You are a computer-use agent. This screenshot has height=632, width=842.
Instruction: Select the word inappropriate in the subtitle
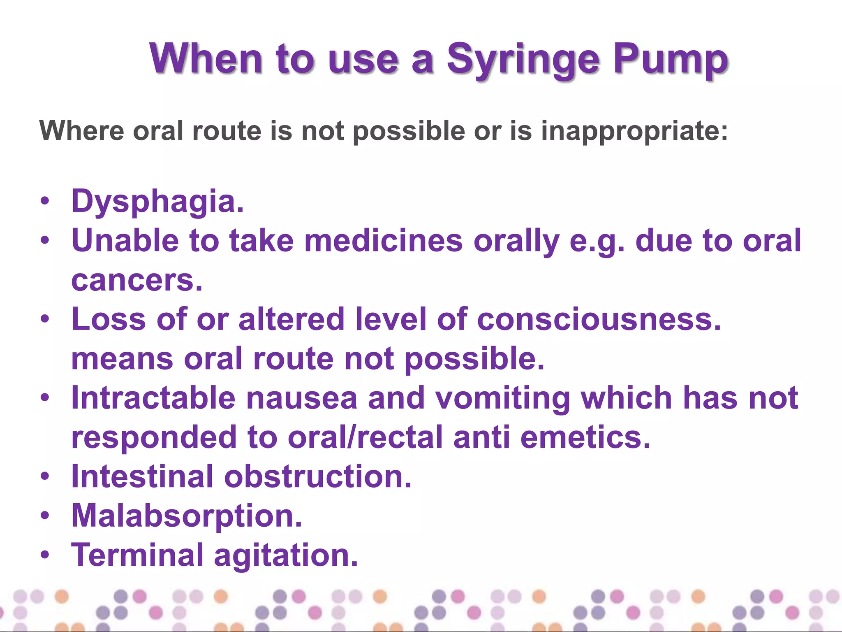tap(634, 132)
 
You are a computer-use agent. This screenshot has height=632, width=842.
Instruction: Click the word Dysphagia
tap(157, 202)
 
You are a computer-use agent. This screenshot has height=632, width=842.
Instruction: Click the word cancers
tap(137, 281)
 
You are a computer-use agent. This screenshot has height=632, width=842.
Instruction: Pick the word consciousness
tap(599, 319)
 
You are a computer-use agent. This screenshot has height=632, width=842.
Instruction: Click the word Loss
tap(109, 319)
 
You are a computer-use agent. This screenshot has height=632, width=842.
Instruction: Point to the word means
tap(122, 359)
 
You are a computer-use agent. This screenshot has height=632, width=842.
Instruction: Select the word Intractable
tap(153, 398)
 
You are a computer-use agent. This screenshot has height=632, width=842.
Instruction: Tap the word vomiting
tap(502, 399)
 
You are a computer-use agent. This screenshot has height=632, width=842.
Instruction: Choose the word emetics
tap(585, 437)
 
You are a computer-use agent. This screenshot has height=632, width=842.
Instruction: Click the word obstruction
tap(317, 477)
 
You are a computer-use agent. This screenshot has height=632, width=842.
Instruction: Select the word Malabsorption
tap(187, 516)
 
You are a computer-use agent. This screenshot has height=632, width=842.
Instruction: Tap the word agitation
tap(286, 555)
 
